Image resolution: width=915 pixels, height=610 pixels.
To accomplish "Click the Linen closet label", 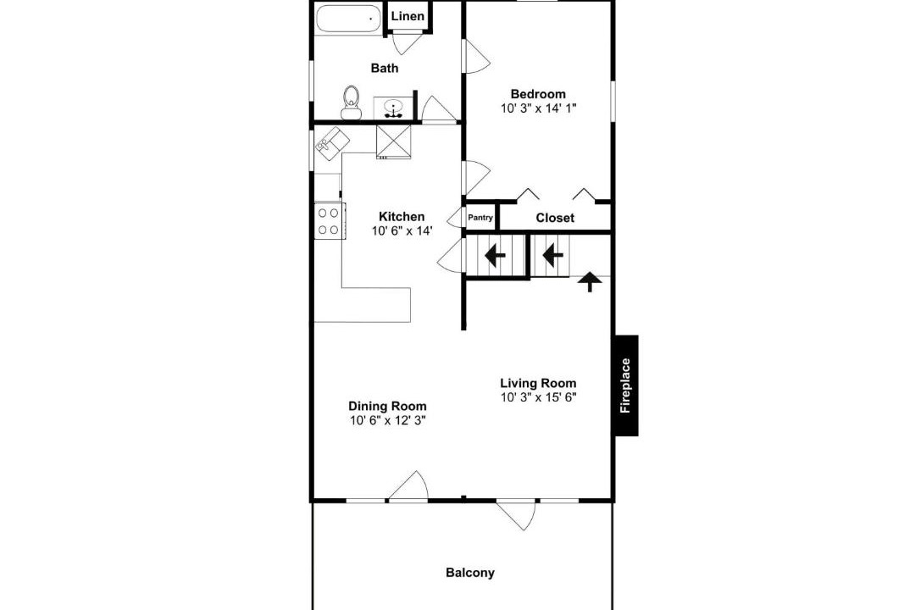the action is (408, 16).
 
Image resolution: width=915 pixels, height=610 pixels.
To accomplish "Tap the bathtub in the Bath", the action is (348, 18).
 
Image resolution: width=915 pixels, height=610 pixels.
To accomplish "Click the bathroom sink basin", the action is (395, 108).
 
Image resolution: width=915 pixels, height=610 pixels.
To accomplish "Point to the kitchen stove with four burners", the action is (329, 221).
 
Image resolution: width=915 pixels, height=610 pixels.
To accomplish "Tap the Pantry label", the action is (480, 218).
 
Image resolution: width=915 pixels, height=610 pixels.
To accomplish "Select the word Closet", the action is (555, 218).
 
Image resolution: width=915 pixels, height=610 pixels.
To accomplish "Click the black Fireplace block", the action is (627, 385).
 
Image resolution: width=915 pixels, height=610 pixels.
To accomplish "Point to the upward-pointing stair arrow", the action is (590, 281).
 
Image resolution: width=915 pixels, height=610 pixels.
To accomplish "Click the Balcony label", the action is (469, 573).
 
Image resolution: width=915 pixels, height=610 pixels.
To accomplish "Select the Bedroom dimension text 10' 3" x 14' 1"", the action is (538, 108).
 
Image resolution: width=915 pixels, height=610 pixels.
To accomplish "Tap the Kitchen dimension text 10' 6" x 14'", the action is (402, 231).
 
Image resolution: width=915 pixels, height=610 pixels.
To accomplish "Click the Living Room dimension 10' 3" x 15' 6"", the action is (538, 397).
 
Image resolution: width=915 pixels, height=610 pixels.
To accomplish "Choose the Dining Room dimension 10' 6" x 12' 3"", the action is (387, 420).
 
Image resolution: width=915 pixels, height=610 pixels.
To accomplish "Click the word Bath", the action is (385, 69).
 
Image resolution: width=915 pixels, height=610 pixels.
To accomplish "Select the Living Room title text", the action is (538, 383).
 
